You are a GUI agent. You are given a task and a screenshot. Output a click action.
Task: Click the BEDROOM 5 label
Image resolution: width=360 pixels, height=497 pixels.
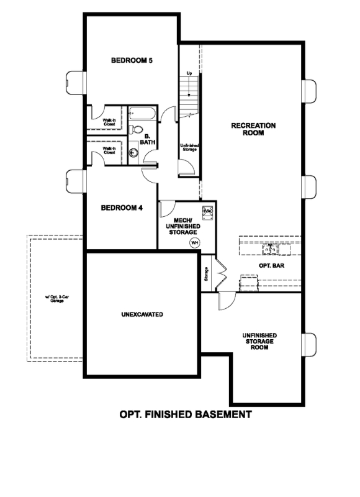(132, 61)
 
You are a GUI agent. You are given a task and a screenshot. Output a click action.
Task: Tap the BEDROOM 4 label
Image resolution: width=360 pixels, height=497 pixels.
(122, 207)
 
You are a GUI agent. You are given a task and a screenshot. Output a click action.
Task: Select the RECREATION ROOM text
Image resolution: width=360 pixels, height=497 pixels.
(253, 129)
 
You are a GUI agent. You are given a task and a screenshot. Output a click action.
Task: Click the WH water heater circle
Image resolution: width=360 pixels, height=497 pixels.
(194, 242)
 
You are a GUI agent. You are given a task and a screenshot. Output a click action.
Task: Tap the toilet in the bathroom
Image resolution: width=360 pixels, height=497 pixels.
(136, 130)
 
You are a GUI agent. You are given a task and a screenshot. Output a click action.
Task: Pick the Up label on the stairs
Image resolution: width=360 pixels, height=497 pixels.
(189, 74)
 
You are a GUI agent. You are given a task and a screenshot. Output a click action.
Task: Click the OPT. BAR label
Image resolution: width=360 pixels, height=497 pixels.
(271, 265)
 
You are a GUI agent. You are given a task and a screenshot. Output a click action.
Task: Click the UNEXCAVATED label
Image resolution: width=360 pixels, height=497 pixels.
(142, 315)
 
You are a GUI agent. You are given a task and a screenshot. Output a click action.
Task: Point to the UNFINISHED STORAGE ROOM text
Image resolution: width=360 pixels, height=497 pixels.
(259, 341)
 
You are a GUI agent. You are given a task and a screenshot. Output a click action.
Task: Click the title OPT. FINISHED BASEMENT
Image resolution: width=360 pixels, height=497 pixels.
(185, 414)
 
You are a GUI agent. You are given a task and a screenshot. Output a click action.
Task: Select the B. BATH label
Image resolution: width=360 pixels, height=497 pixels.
(148, 139)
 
